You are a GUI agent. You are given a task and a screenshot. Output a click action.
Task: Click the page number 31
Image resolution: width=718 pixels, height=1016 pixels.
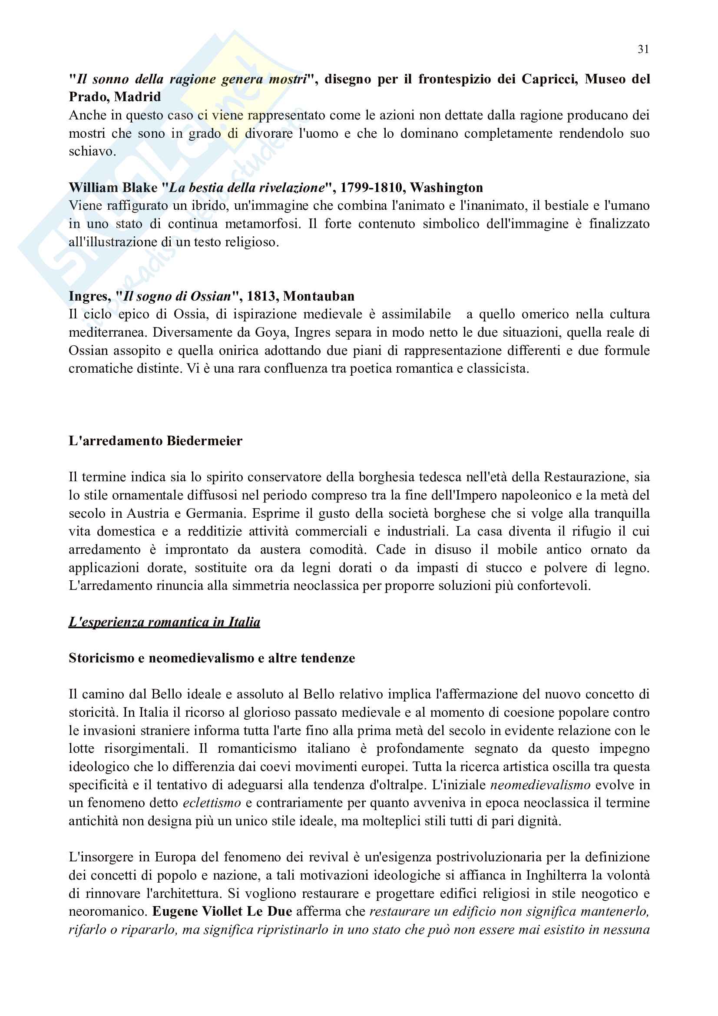643,49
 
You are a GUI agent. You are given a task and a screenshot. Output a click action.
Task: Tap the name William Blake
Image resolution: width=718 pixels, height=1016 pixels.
113,188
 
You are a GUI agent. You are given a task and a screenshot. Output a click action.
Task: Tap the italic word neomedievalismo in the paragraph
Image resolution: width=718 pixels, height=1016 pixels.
540,784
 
